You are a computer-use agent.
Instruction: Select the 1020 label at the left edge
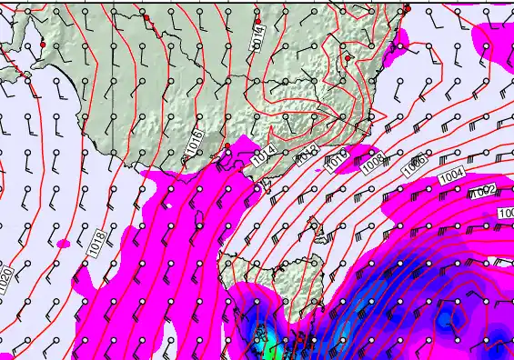click(x=7, y=281)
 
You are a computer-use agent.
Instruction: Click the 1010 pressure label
click(x=336, y=159)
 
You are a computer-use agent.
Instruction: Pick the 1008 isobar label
click(x=373, y=165)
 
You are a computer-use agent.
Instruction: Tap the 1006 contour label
click(x=414, y=165)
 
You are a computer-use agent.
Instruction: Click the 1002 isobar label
click(x=483, y=192)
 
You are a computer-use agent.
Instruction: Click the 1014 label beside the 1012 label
click(x=264, y=156)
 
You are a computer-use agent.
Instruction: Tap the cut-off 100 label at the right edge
click(x=507, y=213)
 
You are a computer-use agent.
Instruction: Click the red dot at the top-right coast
click(x=408, y=8)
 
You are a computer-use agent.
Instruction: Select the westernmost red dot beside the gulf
click(x=42, y=44)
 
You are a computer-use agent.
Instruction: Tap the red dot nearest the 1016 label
click(x=226, y=145)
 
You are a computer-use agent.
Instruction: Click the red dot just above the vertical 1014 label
click(x=258, y=20)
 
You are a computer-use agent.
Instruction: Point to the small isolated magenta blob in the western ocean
click(x=63, y=244)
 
